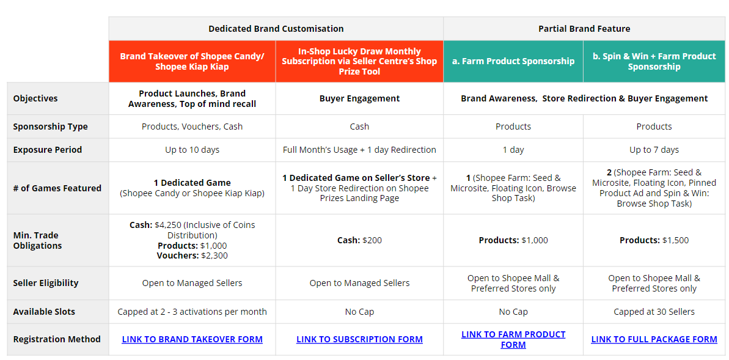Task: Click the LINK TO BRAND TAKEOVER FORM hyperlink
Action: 192,339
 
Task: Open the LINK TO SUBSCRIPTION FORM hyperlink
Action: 359,339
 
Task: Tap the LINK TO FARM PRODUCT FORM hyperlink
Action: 513,339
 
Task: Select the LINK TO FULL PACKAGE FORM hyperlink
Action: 654,339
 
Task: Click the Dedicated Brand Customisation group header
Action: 276,29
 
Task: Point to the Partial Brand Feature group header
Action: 584,29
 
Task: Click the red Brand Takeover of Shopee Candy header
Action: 192,61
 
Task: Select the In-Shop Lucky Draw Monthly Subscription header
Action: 359,61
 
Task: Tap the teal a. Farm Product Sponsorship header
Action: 513,61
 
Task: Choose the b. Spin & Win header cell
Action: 654,61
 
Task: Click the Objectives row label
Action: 35,98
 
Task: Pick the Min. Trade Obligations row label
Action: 38,240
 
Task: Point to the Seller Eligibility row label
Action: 46,283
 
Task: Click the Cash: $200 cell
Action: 359,240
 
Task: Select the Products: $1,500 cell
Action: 654,240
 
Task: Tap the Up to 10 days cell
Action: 192,150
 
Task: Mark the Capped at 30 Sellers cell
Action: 654,312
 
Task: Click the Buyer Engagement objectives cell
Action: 359,98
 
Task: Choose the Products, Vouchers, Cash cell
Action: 192,127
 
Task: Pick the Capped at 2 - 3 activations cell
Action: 192,312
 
